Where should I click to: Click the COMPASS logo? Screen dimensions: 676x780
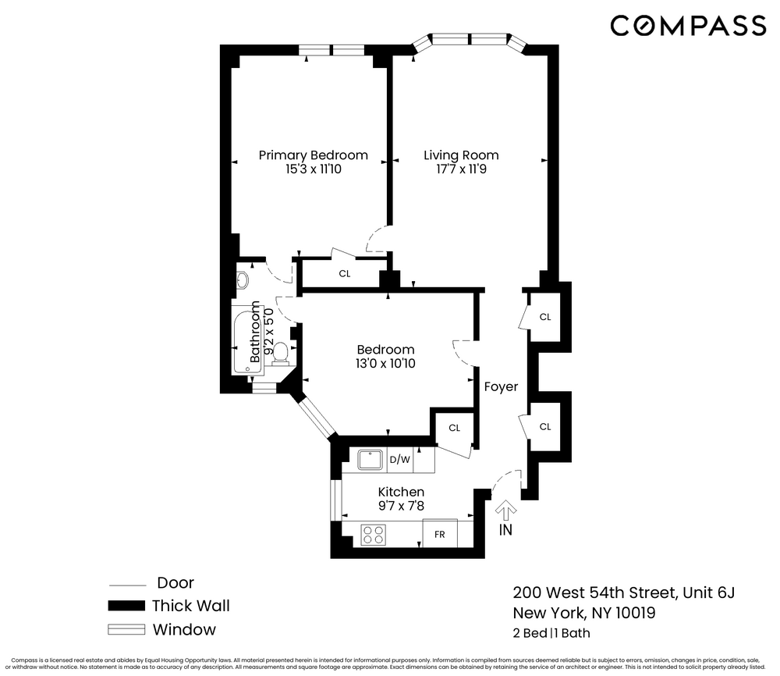pos(688,27)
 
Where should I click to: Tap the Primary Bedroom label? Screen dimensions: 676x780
pos(313,155)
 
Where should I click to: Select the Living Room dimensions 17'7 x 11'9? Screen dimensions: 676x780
pos(461,169)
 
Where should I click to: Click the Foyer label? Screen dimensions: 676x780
pos(501,386)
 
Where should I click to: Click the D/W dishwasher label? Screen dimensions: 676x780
pos(400,460)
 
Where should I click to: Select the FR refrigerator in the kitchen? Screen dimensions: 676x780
pos(439,535)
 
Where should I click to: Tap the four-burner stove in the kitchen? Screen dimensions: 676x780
pos(374,535)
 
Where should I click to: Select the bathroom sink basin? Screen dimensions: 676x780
pos(242,279)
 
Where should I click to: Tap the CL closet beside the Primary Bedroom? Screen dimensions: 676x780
pos(344,274)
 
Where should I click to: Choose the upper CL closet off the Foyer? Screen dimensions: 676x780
pos(545,317)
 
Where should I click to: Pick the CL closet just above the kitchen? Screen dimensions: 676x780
pos(454,428)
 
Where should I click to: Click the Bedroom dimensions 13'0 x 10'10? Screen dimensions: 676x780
pos(385,364)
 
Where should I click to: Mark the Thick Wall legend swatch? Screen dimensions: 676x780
pos(126,607)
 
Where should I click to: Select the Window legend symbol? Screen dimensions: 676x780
pos(126,630)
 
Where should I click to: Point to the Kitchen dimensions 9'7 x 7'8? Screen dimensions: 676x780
pos(401,506)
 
